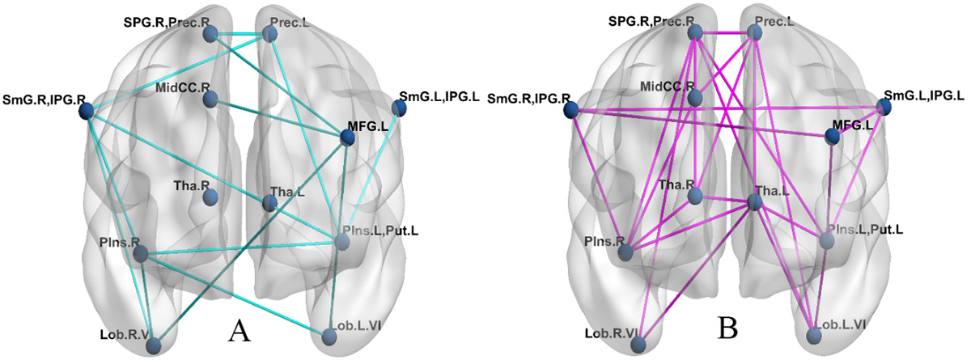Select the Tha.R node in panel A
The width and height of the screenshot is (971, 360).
pos(210,197)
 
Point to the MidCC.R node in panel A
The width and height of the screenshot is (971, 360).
pos(210,100)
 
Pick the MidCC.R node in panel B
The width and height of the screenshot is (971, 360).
pos(695,98)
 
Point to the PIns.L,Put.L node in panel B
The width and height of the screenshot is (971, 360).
pos(826,240)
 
